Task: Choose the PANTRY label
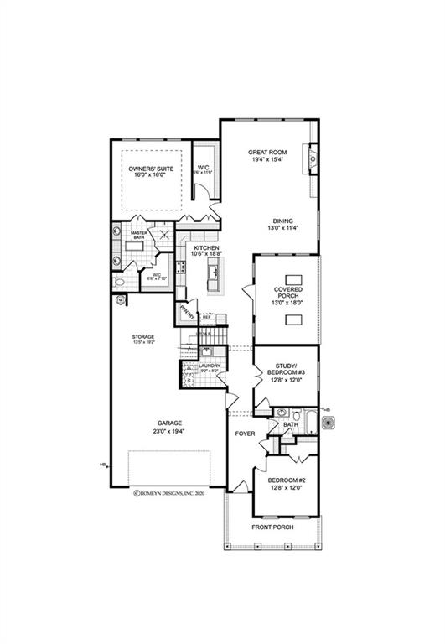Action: [x=186, y=314]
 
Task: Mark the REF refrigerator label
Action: [x=206, y=318]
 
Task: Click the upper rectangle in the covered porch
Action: [x=294, y=278]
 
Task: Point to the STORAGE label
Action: [x=142, y=337]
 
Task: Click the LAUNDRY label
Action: [x=209, y=366]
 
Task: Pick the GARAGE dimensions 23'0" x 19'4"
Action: [x=168, y=431]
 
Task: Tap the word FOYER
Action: [x=245, y=434]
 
